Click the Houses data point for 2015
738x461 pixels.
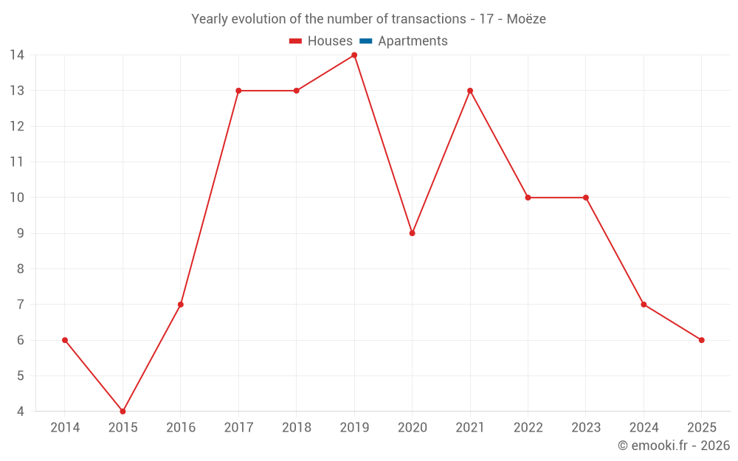(x=123, y=412)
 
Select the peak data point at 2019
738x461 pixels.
(x=354, y=55)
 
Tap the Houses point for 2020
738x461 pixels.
(x=412, y=233)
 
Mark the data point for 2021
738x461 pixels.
(x=470, y=91)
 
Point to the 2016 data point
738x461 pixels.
(x=181, y=305)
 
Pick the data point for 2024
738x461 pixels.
(x=644, y=305)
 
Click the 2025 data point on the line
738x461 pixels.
(x=701, y=340)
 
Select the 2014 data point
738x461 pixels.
(x=65, y=340)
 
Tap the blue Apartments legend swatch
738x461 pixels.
(x=365, y=41)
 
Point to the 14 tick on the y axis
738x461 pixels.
(x=17, y=55)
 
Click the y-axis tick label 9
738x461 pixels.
(x=21, y=233)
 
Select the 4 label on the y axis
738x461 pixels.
(x=21, y=412)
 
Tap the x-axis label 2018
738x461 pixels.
(x=297, y=428)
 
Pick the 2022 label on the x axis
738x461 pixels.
(x=528, y=428)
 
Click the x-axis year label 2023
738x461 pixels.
(x=586, y=428)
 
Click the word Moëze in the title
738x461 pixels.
(x=526, y=19)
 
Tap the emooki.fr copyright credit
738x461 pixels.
(x=674, y=446)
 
